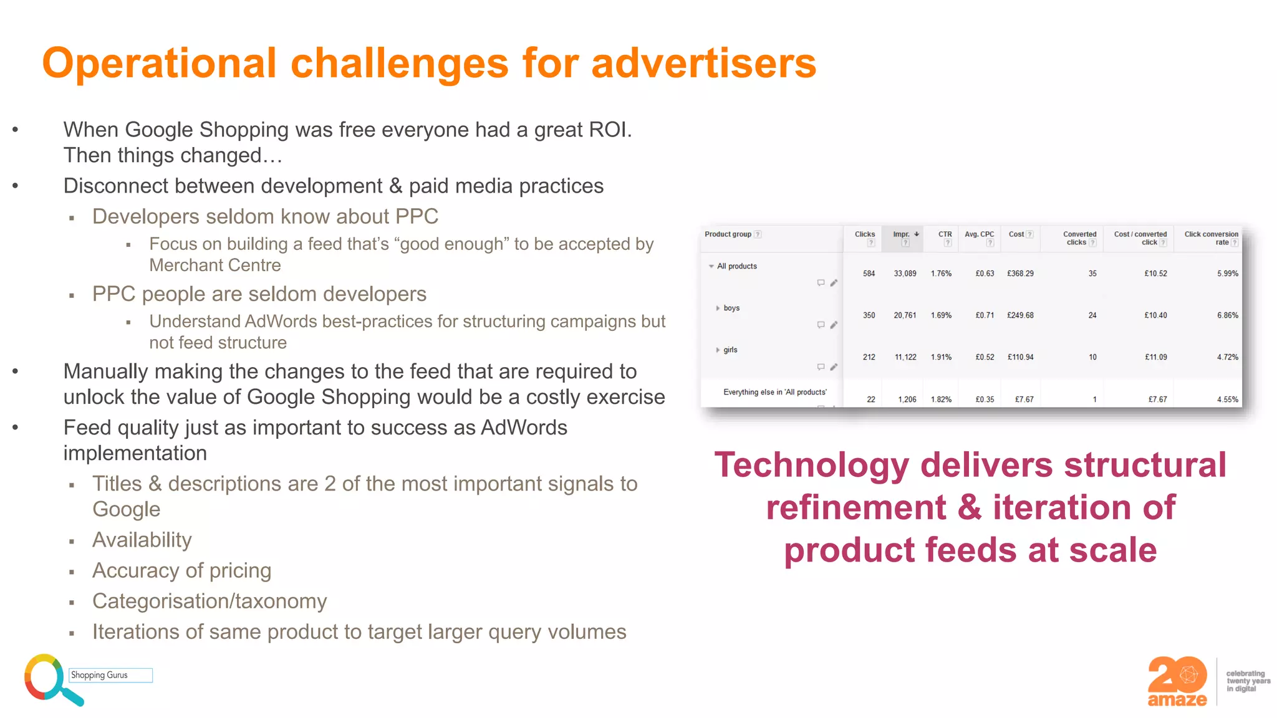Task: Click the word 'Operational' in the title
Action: pyautogui.click(x=159, y=64)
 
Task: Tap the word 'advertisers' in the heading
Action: pyautogui.click(x=703, y=64)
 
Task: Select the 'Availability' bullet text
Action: pyautogui.click(x=142, y=540)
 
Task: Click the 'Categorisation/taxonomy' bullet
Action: pyautogui.click(x=210, y=601)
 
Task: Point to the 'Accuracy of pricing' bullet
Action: pyautogui.click(x=181, y=570)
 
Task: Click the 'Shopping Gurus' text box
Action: pyautogui.click(x=110, y=675)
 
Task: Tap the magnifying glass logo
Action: pyautogui.click(x=47, y=678)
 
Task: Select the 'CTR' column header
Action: pyautogui.click(x=945, y=234)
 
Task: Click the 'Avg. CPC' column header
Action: pyautogui.click(x=979, y=234)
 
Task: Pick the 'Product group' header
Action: pyautogui.click(x=728, y=234)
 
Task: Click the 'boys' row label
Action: pyautogui.click(x=731, y=308)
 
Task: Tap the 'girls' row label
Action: pyautogui.click(x=730, y=350)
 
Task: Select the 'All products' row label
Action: pyautogui.click(x=736, y=266)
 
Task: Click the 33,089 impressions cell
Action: pyautogui.click(x=905, y=274)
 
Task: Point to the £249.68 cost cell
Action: pyautogui.click(x=1020, y=315)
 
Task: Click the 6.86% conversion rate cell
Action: pyautogui.click(x=1227, y=315)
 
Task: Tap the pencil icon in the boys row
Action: pyautogui.click(x=834, y=325)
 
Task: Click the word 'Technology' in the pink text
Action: pyautogui.click(x=811, y=466)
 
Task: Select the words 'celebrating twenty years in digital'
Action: pyautogui.click(x=1247, y=681)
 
